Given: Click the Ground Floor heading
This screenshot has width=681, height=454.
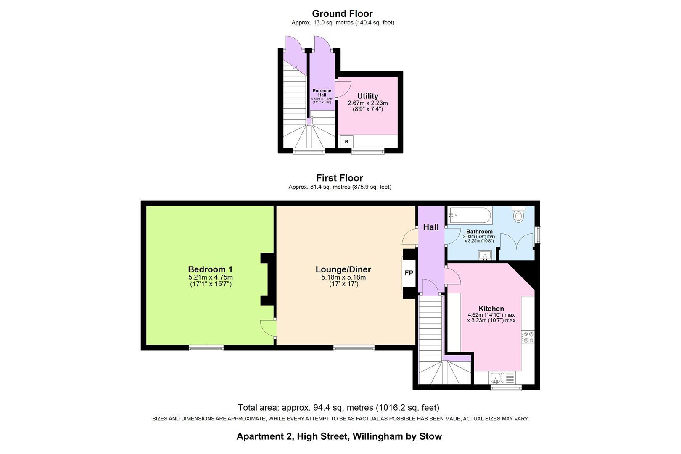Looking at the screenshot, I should (342, 14).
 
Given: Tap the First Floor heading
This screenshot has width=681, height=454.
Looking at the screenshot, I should (339, 178).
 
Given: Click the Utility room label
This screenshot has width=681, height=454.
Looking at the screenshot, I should (367, 96).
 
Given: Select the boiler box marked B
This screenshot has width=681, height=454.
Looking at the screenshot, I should (346, 142).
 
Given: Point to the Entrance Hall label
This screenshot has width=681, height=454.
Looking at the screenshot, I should (322, 92).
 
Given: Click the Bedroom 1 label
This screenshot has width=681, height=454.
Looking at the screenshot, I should (210, 269).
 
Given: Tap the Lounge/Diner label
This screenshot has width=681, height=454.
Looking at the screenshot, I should (343, 269).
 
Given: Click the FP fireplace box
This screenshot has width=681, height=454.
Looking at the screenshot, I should (409, 273).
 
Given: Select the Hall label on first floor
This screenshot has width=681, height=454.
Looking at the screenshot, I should (430, 227).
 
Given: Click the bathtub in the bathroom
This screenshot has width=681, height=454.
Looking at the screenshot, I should (469, 216).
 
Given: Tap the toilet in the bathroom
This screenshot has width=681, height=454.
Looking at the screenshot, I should (518, 215).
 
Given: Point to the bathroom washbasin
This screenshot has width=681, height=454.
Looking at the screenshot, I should (485, 255).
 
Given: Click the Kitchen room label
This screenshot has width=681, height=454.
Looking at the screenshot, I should (491, 309).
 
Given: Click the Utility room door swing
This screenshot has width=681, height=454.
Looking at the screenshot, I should (343, 89).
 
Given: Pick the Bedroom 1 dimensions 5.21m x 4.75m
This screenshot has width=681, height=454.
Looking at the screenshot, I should (210, 277).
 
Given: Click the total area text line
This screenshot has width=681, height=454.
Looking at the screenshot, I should (338, 407).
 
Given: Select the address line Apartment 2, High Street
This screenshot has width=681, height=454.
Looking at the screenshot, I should (339, 436).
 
